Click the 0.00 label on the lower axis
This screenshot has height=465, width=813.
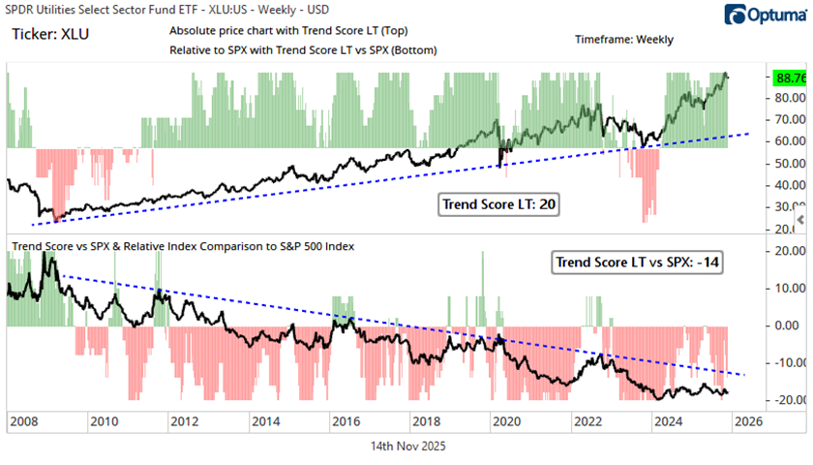pyautogui.click(x=783, y=325)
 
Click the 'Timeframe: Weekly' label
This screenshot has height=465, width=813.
pyautogui.click(x=623, y=40)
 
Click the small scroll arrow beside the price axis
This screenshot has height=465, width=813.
pyautogui.click(x=799, y=223)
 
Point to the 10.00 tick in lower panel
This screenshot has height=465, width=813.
pyautogui.click(x=781, y=288)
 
